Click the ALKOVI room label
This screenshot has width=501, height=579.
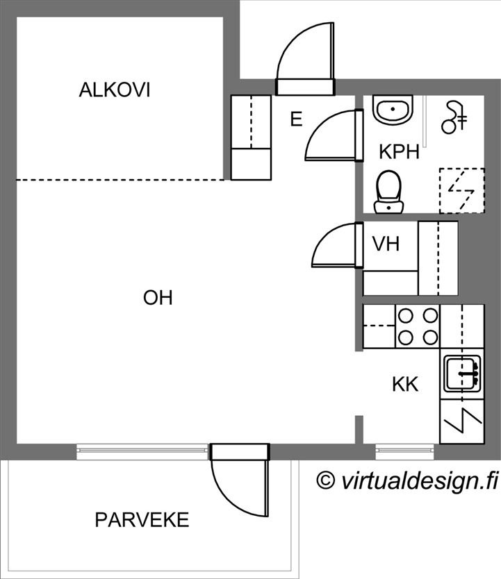pos(115,90)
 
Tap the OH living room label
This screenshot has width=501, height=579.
pos(158,298)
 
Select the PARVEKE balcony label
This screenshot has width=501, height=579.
pos(142,520)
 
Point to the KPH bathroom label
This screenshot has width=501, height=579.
pos(399,152)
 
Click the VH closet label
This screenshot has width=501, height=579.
pos(386,244)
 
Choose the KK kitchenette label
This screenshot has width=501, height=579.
pos(405,385)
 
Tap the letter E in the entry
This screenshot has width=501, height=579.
pos(296,119)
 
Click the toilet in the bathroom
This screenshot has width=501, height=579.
pos(388,192)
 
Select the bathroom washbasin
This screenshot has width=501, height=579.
pos(393,109)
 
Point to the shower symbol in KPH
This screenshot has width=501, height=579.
pos(454,117)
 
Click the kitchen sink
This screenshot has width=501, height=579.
pos(463,374)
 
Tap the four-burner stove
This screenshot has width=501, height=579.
pos(418,326)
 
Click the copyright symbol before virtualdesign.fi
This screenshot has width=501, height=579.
pos(326,480)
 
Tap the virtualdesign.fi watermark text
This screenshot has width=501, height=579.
pos(419,481)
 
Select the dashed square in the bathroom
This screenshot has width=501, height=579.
pos(462,190)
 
